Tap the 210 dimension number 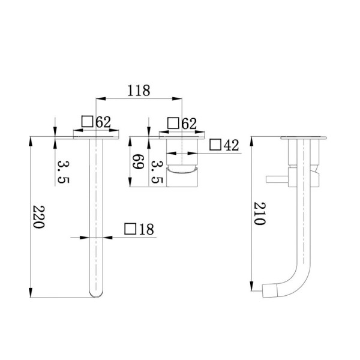(x=259, y=212)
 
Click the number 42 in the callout (x=232, y=145)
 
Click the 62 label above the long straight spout (x=103, y=122)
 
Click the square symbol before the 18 (x=129, y=229)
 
